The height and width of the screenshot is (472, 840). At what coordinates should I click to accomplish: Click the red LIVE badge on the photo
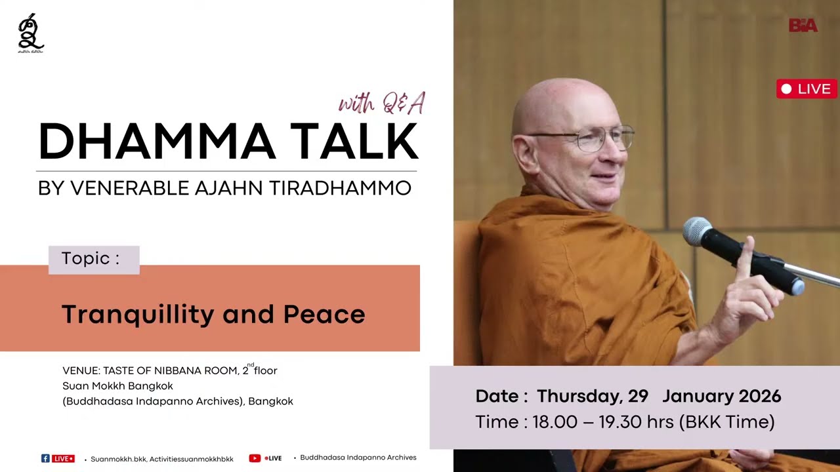click(807, 88)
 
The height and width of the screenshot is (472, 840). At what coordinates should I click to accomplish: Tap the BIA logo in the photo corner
click(803, 26)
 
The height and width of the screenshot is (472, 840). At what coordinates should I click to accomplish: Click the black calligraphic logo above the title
click(31, 33)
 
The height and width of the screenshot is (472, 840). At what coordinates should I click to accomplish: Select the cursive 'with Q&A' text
click(382, 103)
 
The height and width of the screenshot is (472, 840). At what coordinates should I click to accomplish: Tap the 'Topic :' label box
click(93, 259)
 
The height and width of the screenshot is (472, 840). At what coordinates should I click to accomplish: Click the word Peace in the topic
click(324, 315)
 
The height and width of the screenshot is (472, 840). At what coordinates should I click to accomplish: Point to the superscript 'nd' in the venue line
click(251, 364)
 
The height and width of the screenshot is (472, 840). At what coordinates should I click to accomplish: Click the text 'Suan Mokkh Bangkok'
click(117, 386)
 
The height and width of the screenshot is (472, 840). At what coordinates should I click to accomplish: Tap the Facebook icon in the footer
click(45, 458)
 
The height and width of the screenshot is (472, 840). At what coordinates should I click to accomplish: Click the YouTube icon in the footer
click(255, 458)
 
